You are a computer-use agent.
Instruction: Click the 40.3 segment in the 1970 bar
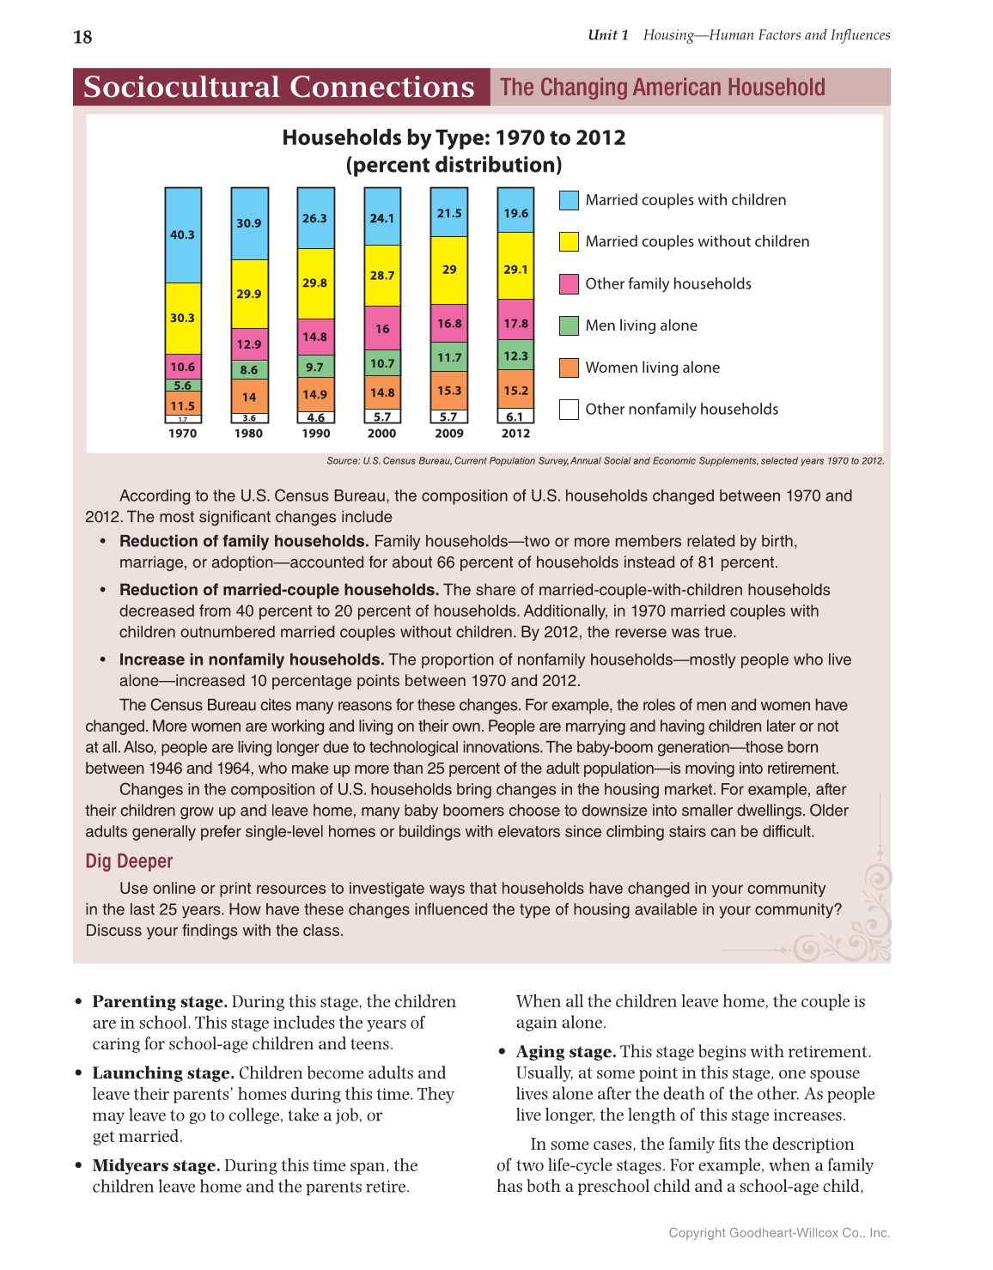183,235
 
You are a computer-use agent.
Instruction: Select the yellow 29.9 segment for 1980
249,294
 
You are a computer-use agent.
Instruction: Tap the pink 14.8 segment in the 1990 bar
315,337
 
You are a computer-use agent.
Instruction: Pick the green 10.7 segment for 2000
382,363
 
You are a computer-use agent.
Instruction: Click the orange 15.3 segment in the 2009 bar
449,391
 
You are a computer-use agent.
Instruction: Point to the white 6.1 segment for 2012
515,416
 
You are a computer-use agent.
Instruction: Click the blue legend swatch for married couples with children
569,200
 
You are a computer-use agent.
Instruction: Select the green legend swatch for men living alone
569,325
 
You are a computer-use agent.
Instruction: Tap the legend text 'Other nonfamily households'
681,410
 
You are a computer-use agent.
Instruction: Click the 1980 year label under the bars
249,434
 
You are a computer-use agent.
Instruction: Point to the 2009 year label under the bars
449,434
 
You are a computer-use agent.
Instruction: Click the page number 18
82,37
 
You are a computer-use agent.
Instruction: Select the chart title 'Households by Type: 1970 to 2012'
454,138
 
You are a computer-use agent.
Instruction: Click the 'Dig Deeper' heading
129,861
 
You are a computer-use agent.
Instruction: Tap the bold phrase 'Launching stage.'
163,1073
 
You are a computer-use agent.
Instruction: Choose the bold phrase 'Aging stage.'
566,1052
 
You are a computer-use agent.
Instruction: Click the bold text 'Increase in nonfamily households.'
252,659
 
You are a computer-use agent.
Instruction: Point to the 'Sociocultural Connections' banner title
279,88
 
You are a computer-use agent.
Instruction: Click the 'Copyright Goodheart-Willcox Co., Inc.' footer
779,1233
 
